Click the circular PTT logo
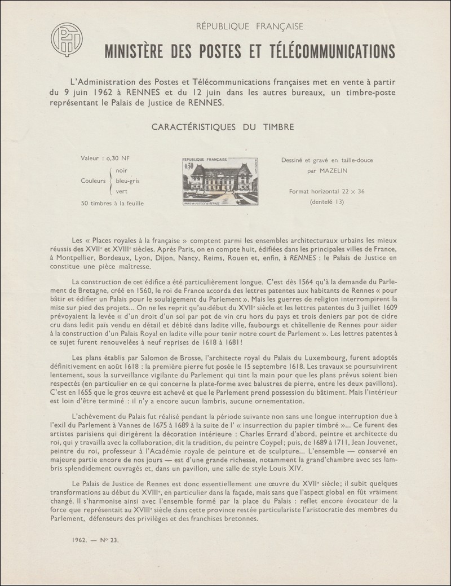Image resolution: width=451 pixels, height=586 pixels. (x=67, y=39)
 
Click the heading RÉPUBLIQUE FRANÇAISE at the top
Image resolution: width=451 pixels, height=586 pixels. (x=249, y=26)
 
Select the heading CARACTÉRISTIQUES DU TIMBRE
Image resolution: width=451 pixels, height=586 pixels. (x=223, y=127)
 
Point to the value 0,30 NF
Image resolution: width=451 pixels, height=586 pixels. (x=117, y=160)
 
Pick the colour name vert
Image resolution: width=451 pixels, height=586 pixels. (x=121, y=191)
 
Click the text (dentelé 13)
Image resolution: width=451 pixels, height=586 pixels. (x=327, y=201)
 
